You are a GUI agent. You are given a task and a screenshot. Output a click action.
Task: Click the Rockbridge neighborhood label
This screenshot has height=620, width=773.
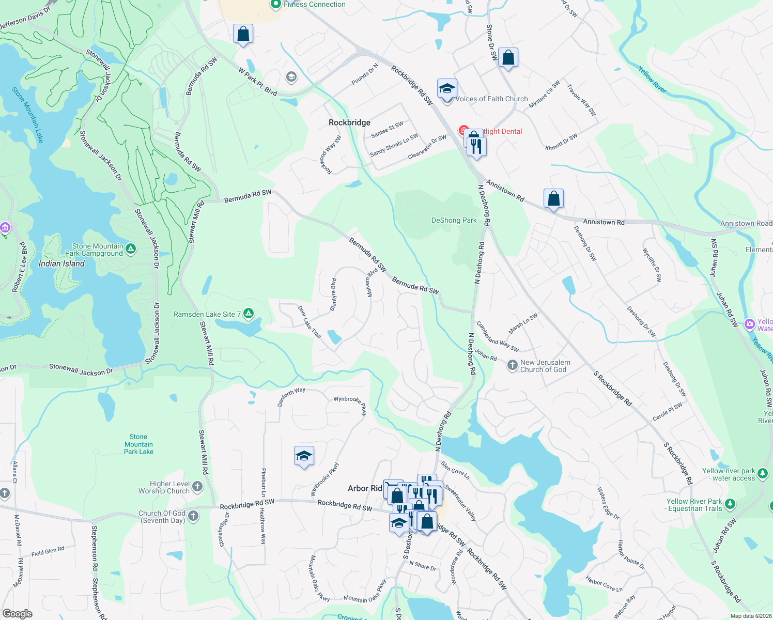pos(349,122)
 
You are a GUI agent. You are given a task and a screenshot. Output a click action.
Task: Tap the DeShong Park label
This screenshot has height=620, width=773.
pos(454,220)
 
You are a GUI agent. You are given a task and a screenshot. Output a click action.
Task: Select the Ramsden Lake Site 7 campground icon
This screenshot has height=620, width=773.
pos(249,314)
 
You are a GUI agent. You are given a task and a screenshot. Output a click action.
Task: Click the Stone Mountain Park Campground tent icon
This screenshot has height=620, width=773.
pos(131,250)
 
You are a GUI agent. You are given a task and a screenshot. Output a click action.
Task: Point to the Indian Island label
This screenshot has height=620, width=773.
pos(61,263)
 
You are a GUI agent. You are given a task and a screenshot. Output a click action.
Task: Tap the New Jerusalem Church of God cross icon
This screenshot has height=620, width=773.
pos(512,366)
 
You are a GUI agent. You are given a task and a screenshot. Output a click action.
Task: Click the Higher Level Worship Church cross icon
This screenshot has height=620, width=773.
pos(197,487)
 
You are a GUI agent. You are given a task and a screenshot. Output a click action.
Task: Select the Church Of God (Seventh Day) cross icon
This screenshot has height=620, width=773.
pos(193,516)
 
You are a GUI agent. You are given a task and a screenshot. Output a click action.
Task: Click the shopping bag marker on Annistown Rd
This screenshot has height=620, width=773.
pos(553,199)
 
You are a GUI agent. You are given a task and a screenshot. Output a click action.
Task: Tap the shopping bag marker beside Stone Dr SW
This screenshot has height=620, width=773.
pos(508,58)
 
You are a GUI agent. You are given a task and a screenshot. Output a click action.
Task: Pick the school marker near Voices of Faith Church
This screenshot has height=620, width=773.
pos(447,89)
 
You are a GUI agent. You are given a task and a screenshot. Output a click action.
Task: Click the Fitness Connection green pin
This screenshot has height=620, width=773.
pos(276,4)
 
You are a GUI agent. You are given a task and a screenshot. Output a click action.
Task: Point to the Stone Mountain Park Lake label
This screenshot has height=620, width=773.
pos(138,444)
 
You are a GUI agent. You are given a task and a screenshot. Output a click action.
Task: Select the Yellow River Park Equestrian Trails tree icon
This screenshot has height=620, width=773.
pos(730,504)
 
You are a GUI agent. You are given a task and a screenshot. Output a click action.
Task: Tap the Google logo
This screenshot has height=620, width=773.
pos(17,614)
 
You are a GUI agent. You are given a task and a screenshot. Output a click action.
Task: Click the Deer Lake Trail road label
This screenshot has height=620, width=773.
pos(310,322)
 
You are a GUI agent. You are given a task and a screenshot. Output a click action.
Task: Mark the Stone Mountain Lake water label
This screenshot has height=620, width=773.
pos(28,115)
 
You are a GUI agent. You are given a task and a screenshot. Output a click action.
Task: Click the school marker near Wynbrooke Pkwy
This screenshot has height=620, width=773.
pos(303,456)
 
